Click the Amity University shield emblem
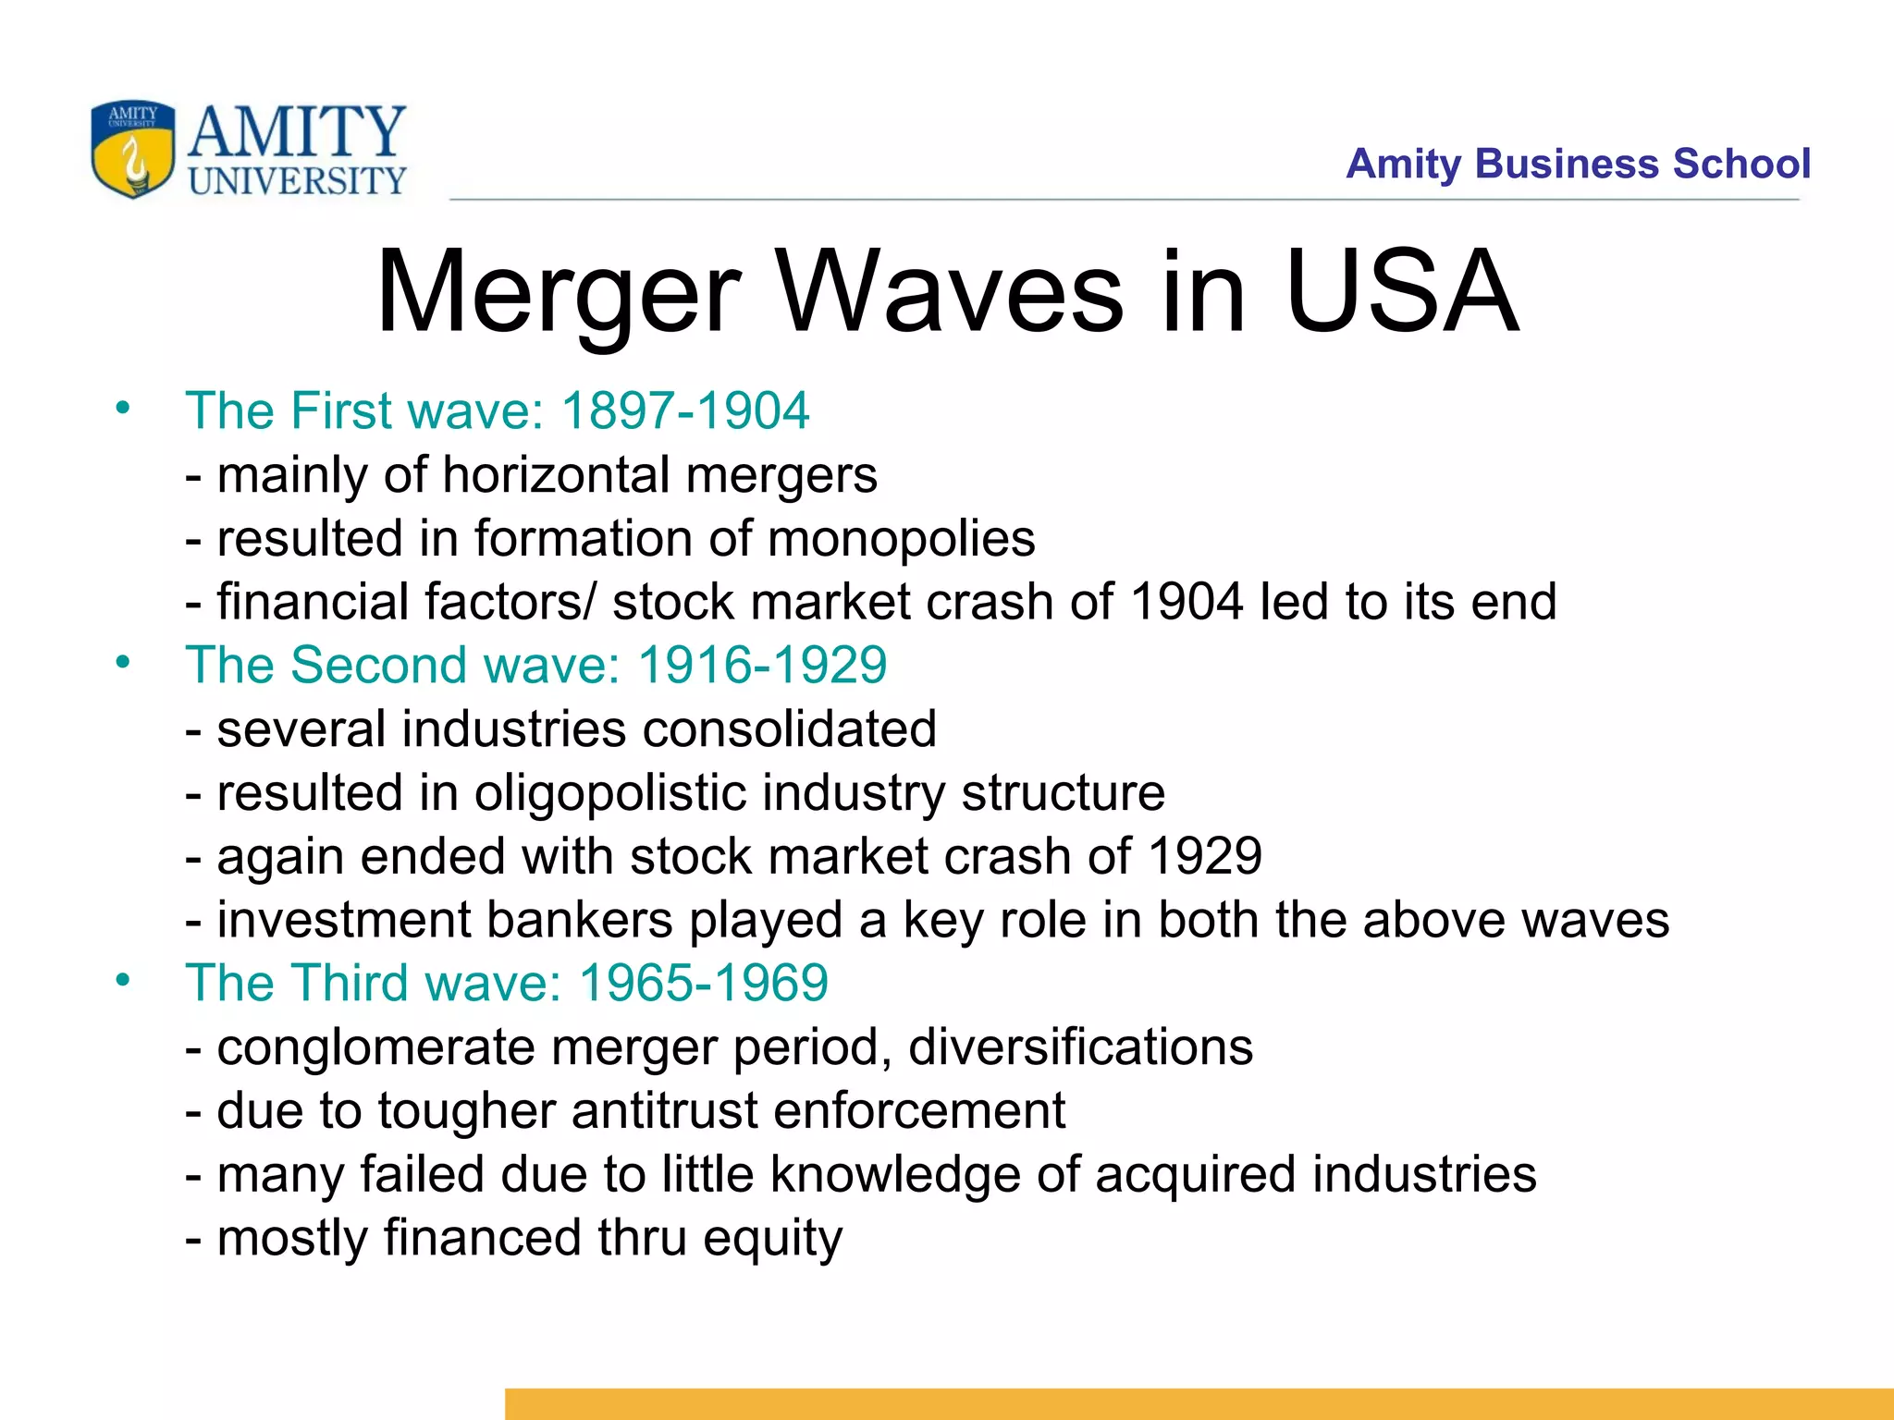coord(132,149)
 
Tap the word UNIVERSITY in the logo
coord(297,181)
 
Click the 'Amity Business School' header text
coord(1578,164)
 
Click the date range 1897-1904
coord(685,410)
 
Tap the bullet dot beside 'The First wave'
coord(123,408)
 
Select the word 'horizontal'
coord(556,475)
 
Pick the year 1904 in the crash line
coord(1187,602)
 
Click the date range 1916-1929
coord(762,666)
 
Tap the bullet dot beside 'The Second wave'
coord(123,662)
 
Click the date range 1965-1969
coord(703,983)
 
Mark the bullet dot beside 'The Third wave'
coord(123,980)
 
